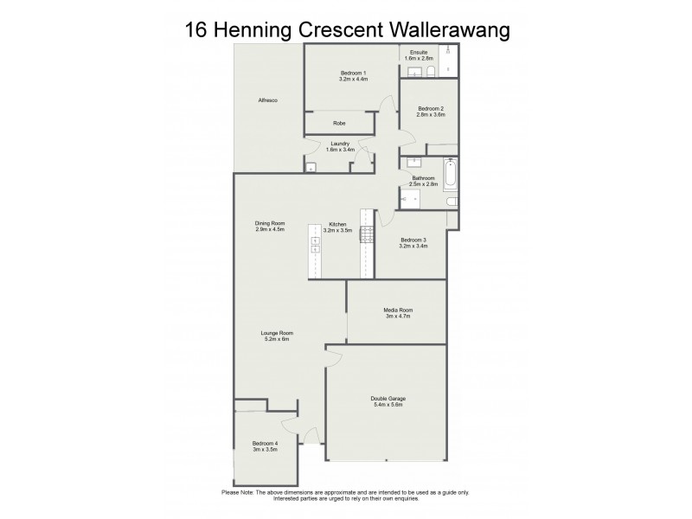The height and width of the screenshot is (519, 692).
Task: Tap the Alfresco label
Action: [267, 101]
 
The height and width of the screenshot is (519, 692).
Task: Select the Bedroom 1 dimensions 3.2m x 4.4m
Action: [353, 80]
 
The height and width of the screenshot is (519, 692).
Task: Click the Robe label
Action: [339, 123]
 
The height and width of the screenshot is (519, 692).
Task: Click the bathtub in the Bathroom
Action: [450, 174]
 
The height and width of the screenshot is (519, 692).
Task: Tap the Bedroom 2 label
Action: [430, 108]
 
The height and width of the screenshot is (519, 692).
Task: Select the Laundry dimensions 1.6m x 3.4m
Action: [340, 150]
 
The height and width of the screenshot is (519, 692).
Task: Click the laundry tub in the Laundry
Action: [311, 166]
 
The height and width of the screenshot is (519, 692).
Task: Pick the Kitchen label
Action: [338, 224]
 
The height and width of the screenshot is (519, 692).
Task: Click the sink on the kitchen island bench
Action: [314, 245]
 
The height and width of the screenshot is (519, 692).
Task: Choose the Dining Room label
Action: [270, 224]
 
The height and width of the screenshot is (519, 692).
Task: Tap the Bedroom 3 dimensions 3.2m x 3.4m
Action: [413, 246]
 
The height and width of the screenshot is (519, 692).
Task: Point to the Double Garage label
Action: [388, 398]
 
